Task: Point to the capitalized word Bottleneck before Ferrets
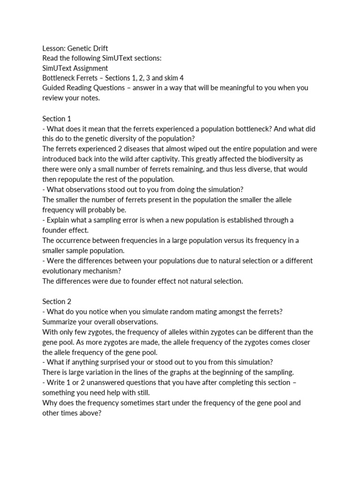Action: (x=60, y=78)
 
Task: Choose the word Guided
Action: (x=53, y=88)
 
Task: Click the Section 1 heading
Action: (x=57, y=119)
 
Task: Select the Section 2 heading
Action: (x=57, y=301)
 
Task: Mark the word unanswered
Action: (x=102, y=382)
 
